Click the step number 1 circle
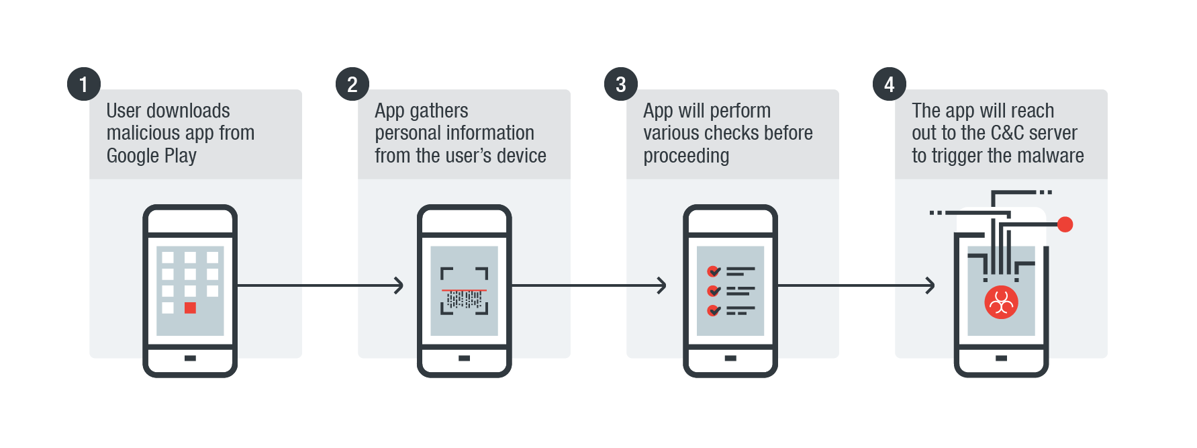(x=84, y=84)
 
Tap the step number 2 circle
(x=352, y=84)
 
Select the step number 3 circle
(x=621, y=84)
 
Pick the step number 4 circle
(x=890, y=84)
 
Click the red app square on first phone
(x=190, y=308)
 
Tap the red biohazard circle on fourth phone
(x=1001, y=303)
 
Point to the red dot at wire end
(x=1065, y=224)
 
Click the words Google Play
(x=151, y=156)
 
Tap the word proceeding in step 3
(x=685, y=156)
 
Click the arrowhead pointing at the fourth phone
(x=930, y=285)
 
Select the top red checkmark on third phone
(x=713, y=271)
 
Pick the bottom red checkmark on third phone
(x=713, y=310)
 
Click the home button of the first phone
(x=190, y=358)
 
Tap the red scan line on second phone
(x=464, y=290)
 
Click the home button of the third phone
(x=730, y=358)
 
